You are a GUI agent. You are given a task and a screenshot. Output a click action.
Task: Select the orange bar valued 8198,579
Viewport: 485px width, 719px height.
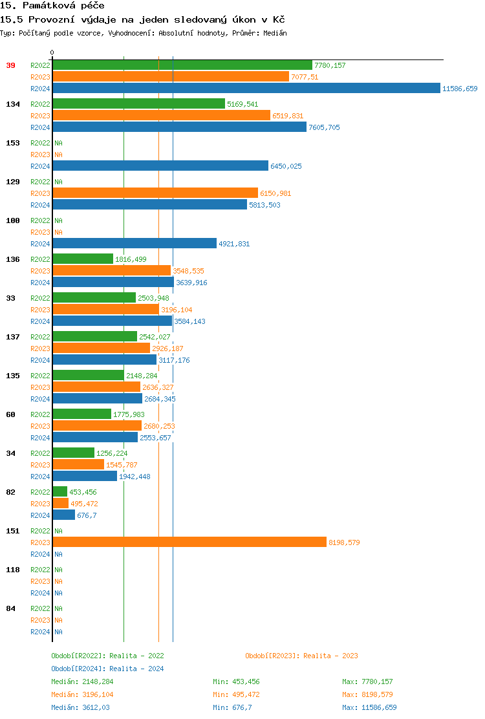pos(189,542)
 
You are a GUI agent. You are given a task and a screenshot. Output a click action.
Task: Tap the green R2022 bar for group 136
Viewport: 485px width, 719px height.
pos(83,259)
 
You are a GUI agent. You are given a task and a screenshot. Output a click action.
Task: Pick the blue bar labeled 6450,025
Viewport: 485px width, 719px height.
pos(160,166)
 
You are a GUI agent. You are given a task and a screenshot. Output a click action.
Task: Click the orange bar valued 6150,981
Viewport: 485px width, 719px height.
pos(155,193)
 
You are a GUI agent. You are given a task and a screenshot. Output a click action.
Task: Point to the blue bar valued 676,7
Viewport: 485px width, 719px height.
pos(64,515)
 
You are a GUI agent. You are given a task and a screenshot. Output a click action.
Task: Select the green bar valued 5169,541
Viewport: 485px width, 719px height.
pos(138,104)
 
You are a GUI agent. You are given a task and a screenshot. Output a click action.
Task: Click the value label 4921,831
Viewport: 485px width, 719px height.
pos(234,244)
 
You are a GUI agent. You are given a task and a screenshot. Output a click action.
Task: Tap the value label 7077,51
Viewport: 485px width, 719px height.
pos(305,77)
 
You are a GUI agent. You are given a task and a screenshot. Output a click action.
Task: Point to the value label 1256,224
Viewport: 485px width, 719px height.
pos(112,453)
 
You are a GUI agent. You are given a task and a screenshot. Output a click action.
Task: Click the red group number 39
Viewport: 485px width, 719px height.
pos(10,65)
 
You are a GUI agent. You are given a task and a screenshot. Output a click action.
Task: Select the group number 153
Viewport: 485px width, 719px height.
pos(12,143)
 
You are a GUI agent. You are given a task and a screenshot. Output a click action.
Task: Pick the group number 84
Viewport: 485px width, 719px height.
pos(10,608)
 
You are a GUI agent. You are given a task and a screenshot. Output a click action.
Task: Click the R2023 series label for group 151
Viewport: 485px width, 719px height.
pos(40,542)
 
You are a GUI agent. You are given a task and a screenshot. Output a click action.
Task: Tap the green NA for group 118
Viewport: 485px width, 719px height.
pos(58,570)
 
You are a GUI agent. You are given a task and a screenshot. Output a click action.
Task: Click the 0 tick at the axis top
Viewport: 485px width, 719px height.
pos(52,53)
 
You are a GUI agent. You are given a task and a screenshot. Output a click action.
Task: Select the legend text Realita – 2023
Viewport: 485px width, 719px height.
pos(331,656)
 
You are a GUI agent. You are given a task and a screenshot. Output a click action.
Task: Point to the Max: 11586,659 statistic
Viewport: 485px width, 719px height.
pos(369,707)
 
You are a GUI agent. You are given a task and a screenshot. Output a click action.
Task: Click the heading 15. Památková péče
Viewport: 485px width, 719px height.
pos(52,6)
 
